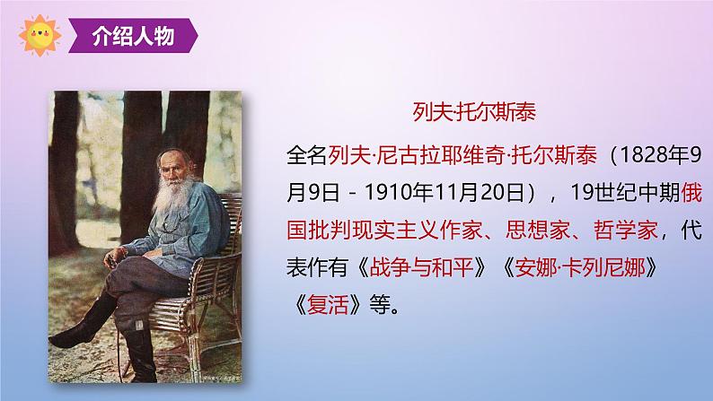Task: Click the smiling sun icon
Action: [x=40, y=35]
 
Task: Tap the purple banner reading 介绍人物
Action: [x=133, y=35]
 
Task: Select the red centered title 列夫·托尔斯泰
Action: [x=474, y=112]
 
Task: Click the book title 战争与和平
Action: [x=421, y=267]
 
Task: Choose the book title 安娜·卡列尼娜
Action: [x=580, y=267]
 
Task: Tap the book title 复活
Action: [x=328, y=305]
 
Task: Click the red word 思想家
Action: [x=538, y=231]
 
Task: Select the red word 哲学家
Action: [x=626, y=231]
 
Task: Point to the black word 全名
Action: [x=307, y=155]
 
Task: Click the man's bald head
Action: [x=172, y=156]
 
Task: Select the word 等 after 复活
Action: [x=380, y=305]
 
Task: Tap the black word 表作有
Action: [x=317, y=267]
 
